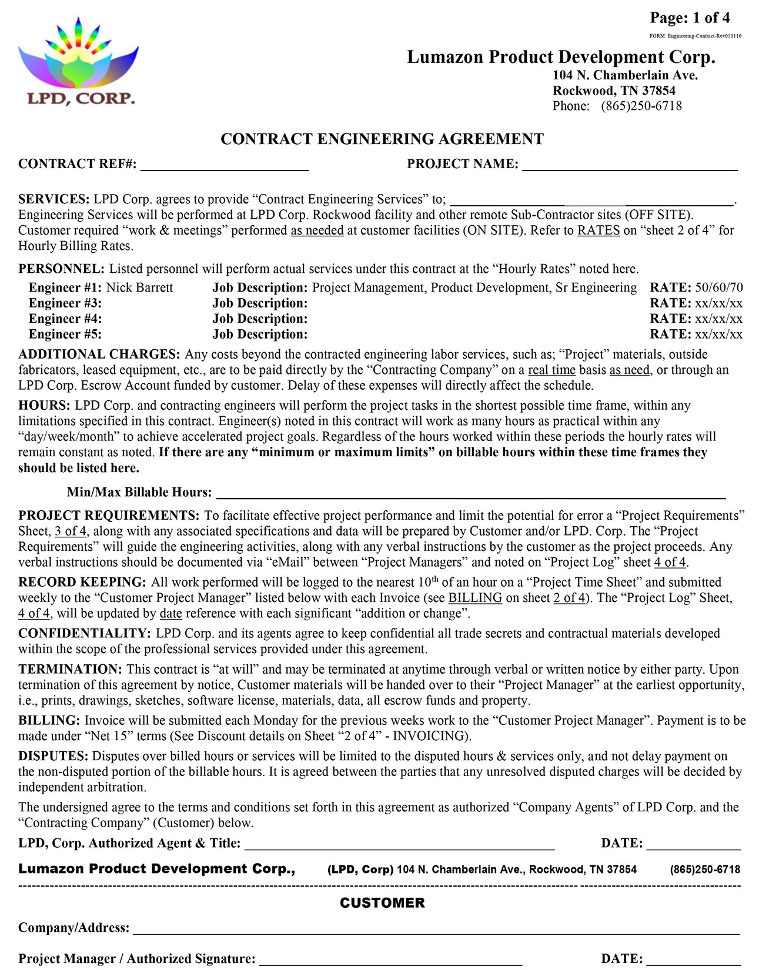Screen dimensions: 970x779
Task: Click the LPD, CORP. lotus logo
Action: pos(78,62)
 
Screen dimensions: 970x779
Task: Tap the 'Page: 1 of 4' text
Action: pos(690,18)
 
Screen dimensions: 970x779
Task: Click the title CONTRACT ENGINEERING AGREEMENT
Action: pos(382,139)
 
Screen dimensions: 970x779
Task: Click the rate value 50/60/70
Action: pos(719,287)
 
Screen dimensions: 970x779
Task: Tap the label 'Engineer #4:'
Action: pos(65,319)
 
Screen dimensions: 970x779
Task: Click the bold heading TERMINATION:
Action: pos(70,669)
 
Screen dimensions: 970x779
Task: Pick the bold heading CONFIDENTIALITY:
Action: pos(85,633)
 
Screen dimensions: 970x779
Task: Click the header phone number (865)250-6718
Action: pos(641,106)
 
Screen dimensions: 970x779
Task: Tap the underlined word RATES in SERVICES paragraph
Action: pos(599,230)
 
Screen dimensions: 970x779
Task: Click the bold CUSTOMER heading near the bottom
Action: pos(382,902)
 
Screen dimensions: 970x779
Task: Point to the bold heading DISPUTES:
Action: pos(53,756)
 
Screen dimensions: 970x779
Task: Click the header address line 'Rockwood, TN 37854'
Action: pos(614,91)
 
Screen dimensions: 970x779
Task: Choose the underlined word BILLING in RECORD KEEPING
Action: pos(475,598)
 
